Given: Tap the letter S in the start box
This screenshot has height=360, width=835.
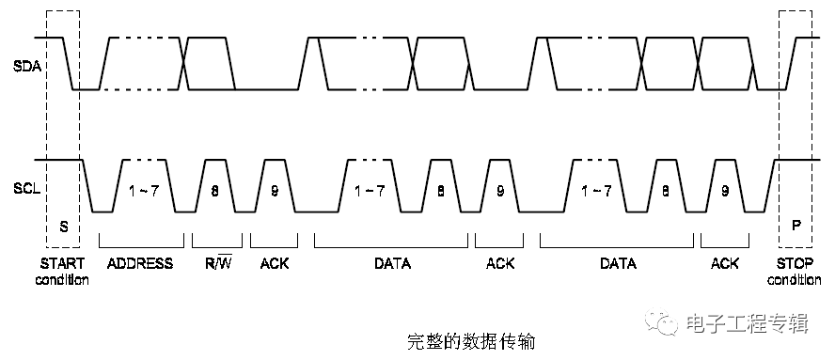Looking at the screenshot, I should [x=64, y=226].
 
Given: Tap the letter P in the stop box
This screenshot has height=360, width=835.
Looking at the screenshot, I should [x=795, y=226].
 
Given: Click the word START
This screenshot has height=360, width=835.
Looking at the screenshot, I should [x=63, y=263].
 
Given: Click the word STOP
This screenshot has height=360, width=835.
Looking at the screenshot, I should [x=795, y=263].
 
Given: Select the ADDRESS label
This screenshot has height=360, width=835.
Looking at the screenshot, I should [x=141, y=263].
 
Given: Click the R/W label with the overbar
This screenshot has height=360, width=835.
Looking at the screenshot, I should [x=218, y=263].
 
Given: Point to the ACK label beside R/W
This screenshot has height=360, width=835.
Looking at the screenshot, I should [x=275, y=263].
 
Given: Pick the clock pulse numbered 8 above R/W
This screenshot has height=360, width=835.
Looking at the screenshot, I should [x=215, y=191].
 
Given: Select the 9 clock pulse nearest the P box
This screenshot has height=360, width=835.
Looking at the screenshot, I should [x=725, y=191].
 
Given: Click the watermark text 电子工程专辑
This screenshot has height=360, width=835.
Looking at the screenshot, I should [x=748, y=324].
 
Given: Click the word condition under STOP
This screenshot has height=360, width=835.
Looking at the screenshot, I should [x=795, y=280].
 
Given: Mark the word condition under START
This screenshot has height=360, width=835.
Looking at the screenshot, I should [x=63, y=280].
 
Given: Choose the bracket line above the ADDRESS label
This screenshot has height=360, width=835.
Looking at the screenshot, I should [x=141, y=236].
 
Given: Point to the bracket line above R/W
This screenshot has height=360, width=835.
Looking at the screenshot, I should [x=217, y=236].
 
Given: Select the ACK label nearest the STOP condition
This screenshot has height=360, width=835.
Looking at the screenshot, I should [x=725, y=263].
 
